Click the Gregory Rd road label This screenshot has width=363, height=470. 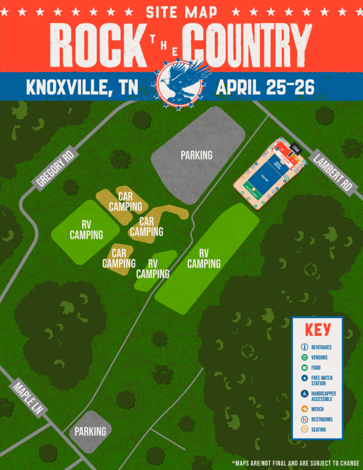point(55,168)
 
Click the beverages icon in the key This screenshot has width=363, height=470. point(304,347)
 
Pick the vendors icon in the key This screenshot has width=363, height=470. point(304,358)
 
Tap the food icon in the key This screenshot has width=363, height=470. point(304,368)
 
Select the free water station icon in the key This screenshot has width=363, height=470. point(304,378)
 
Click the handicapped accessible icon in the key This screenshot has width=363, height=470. point(304,394)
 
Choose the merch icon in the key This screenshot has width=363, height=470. point(304,409)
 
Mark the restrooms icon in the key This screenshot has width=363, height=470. point(304,420)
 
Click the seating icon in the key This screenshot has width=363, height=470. point(304,430)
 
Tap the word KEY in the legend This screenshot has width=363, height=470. point(318,330)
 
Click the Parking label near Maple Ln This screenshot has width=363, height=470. point(90,431)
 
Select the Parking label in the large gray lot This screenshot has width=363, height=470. point(196,155)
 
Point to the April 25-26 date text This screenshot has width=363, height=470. point(265,87)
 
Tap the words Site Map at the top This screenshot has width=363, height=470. point(181,12)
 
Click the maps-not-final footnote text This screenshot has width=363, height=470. point(296,463)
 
